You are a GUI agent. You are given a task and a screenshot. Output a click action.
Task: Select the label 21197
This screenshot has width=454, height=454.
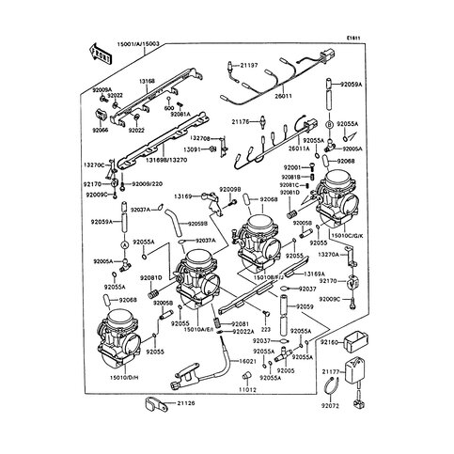tap(247, 66)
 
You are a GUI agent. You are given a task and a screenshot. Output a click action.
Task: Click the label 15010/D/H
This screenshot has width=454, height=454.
tap(124, 377)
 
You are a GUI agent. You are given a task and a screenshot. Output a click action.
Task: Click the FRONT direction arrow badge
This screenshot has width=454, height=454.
tap(102, 58)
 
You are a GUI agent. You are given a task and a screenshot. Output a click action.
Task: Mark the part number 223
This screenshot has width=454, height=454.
tap(265, 330)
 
